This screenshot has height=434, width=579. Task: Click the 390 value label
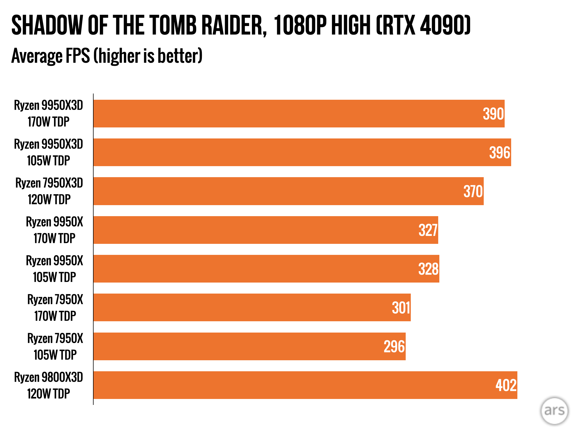(x=493, y=114)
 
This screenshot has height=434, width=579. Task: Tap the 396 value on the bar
(x=500, y=153)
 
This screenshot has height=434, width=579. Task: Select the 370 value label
(x=473, y=191)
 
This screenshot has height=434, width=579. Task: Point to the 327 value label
(x=428, y=230)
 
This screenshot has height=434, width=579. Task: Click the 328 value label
(x=428, y=269)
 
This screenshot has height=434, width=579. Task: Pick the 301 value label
(x=401, y=308)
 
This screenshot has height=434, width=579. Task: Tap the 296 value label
(x=394, y=346)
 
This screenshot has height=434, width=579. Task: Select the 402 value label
(x=506, y=385)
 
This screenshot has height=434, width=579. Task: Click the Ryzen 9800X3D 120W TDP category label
(x=49, y=385)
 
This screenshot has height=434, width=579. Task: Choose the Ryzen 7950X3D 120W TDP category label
(x=49, y=191)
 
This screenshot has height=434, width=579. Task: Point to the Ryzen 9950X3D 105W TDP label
(x=49, y=152)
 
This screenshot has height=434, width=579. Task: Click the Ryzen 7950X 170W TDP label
(x=55, y=308)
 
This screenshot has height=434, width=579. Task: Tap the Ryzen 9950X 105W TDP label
(x=55, y=269)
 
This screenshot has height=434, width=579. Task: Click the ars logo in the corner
(x=554, y=411)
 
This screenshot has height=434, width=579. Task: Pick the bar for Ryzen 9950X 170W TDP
(x=266, y=230)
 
